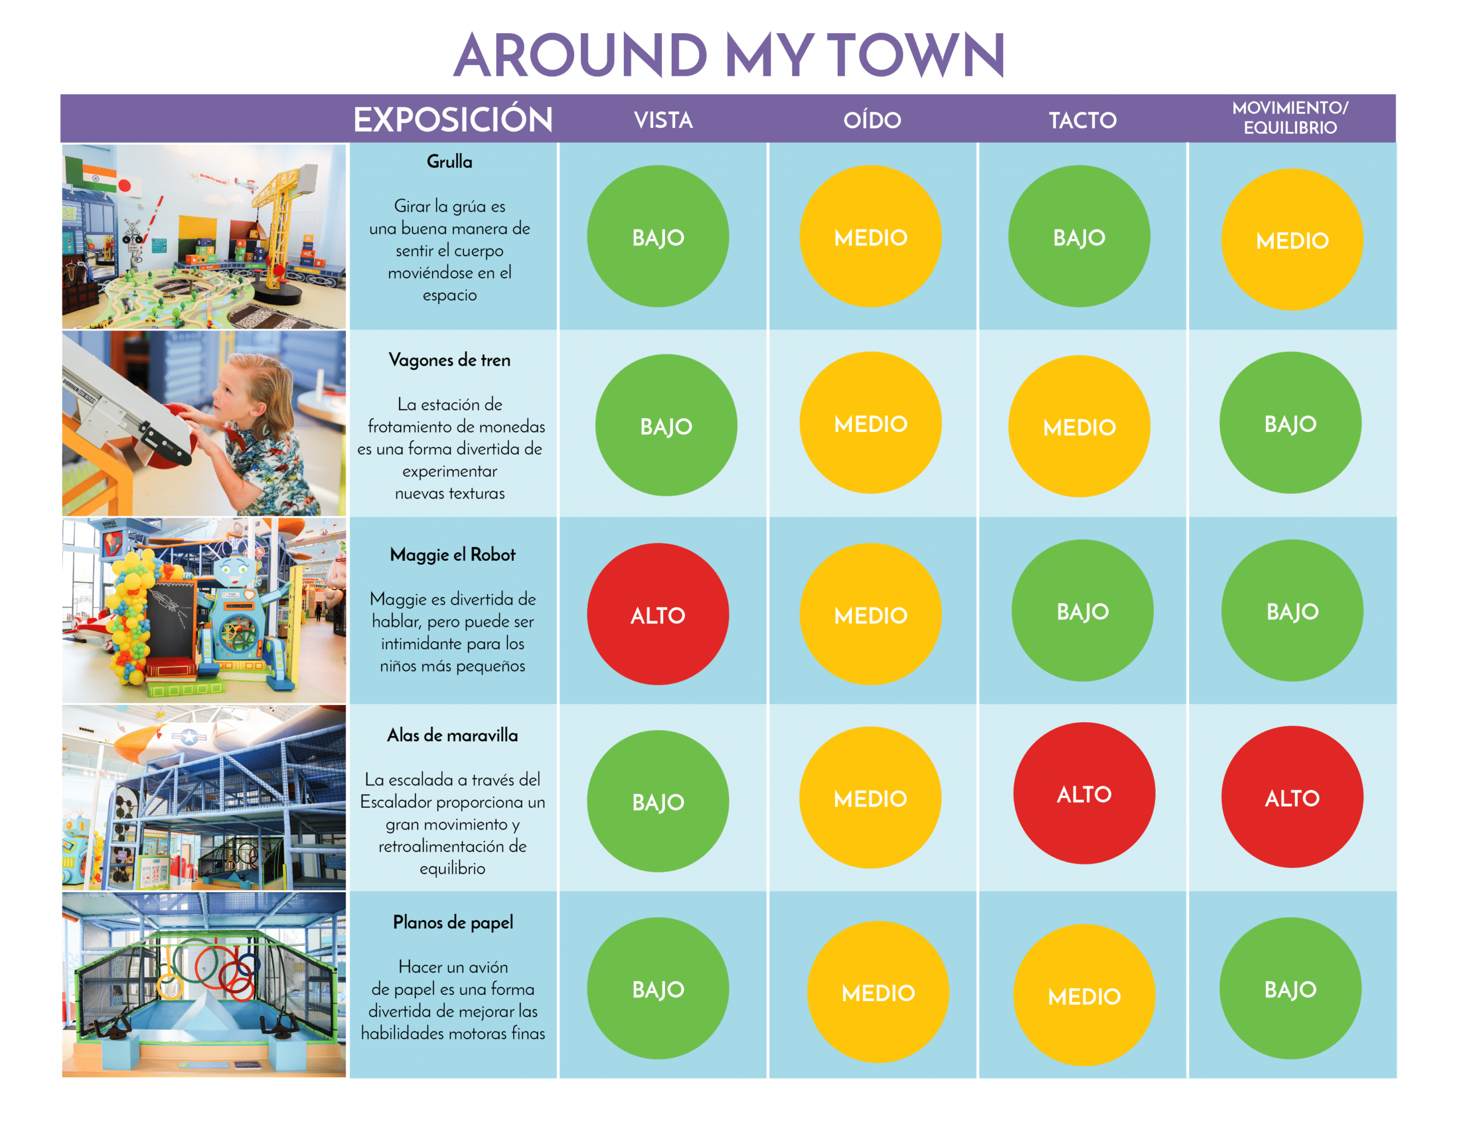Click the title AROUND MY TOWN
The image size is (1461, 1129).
(x=729, y=55)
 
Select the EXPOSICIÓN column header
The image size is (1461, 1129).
(x=453, y=119)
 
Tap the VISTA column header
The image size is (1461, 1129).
(x=663, y=120)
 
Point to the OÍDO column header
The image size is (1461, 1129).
(x=871, y=120)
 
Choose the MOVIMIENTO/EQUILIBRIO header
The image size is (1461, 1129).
(x=1290, y=118)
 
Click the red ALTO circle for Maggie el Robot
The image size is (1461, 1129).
(x=658, y=614)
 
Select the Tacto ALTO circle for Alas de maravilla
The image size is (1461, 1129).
(x=1084, y=793)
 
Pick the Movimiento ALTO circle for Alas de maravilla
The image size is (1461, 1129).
(x=1292, y=796)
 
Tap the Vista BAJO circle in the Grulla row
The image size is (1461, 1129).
(x=658, y=236)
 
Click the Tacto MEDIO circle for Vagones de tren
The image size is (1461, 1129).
(x=1079, y=426)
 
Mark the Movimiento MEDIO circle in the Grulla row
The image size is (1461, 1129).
(x=1292, y=240)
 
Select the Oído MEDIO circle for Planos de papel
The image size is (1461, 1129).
(x=878, y=992)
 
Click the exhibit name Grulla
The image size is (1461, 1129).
(x=450, y=162)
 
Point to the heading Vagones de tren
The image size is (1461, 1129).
(x=450, y=360)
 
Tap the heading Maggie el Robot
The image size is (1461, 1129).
(x=453, y=555)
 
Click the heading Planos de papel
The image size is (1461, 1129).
(x=453, y=922)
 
